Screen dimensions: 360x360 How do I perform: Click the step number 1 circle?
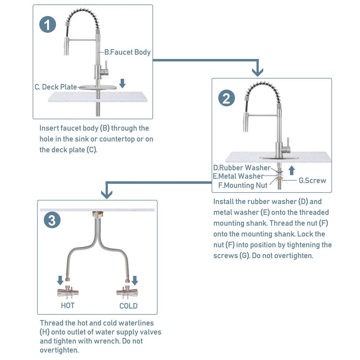tap(48, 25)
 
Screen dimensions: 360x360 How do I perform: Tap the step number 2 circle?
tap(227, 98)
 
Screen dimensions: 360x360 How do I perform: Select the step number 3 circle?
tap(52, 220)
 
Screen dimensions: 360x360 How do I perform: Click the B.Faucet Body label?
tap(128, 52)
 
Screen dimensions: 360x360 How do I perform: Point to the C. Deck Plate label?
tap(56, 87)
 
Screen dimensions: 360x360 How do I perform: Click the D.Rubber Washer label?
tap(242, 168)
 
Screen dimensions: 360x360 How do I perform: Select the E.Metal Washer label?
tap(238, 176)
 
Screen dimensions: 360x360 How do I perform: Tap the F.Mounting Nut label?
tap(243, 185)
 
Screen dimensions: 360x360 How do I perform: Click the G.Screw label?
tap(312, 180)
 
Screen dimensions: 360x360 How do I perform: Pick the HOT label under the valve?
tap(68, 305)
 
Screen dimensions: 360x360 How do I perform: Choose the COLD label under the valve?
tap(128, 306)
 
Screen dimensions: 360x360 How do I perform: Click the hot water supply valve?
tap(68, 292)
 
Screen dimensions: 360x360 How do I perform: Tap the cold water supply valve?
tap(127, 292)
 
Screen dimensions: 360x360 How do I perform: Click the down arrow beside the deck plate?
tap(122, 83)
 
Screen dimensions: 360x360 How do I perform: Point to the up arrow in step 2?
tap(292, 170)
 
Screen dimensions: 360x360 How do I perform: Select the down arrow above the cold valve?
tap(135, 280)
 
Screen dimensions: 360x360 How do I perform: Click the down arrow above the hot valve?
tap(60, 280)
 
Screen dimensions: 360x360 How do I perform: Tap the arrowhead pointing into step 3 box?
tap(106, 194)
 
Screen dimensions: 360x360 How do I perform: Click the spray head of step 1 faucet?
tap(66, 46)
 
